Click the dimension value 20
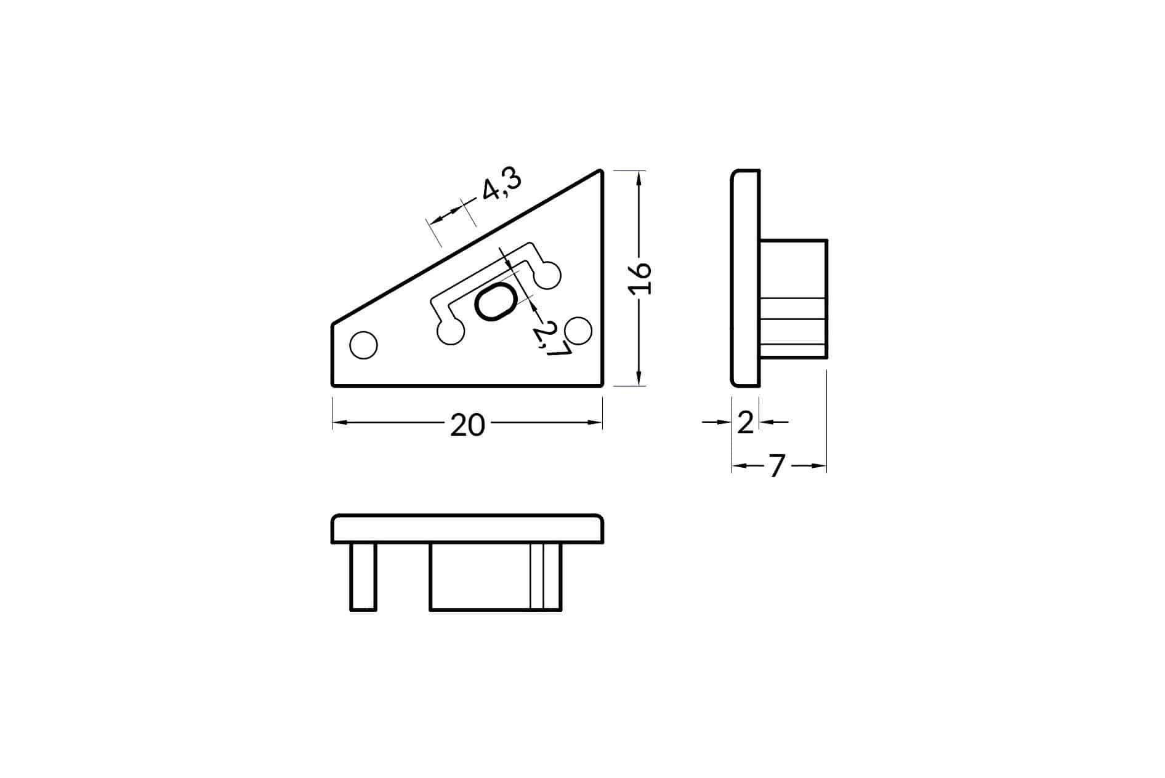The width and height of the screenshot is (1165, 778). [467, 425]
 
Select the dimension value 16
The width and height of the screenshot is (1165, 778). [640, 279]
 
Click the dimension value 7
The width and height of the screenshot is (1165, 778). [777, 467]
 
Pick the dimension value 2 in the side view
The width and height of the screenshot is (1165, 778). [746, 423]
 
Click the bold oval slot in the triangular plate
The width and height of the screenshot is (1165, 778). [495, 302]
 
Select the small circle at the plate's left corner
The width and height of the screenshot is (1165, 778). [363, 345]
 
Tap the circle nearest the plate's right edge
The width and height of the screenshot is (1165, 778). [578, 331]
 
